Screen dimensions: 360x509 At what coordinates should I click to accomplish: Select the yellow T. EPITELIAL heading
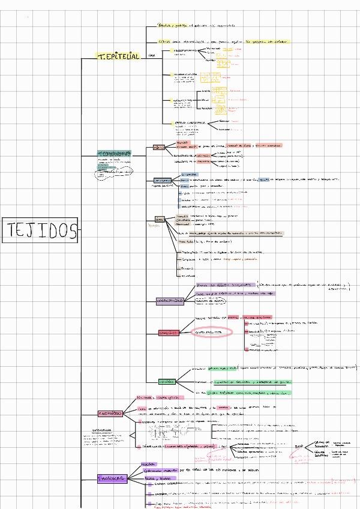118,56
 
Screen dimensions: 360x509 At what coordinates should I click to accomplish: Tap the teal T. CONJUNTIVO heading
113,154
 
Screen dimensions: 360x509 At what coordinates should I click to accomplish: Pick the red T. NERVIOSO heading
110,413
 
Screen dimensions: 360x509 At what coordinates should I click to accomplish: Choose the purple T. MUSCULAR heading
111,478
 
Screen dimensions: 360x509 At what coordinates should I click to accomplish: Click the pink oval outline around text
212,332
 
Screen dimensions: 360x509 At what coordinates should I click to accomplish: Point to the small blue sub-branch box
161,180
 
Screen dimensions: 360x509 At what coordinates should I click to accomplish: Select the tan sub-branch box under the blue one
159,219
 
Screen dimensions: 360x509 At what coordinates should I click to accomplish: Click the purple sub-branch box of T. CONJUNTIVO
170,301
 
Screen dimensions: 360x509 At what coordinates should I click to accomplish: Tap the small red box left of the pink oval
169,333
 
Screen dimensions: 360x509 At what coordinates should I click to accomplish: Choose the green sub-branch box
167,381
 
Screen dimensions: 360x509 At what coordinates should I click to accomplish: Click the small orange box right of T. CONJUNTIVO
159,146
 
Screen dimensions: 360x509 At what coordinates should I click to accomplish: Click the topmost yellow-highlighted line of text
175,26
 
